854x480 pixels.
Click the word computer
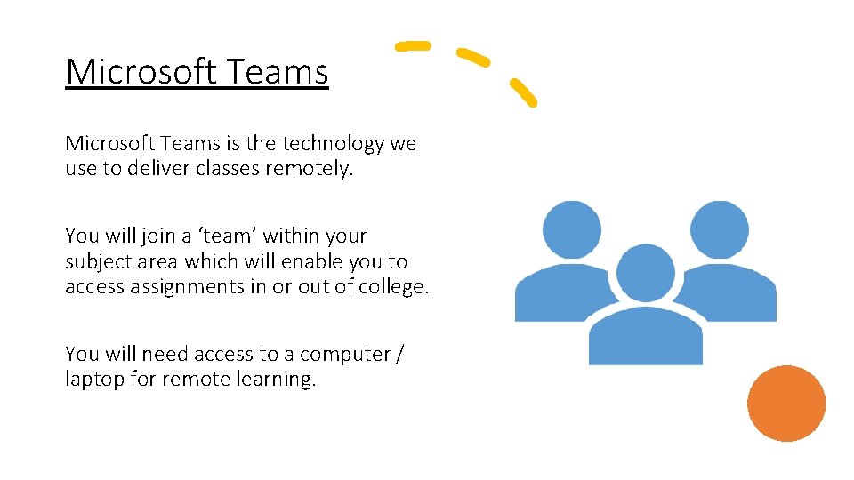345,355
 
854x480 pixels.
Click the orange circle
786,404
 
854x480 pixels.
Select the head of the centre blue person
646,273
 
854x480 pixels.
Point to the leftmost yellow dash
413,45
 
